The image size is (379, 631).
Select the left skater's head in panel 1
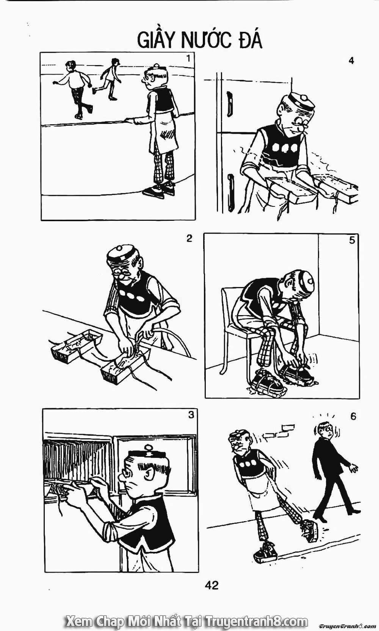(x=71, y=65)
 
